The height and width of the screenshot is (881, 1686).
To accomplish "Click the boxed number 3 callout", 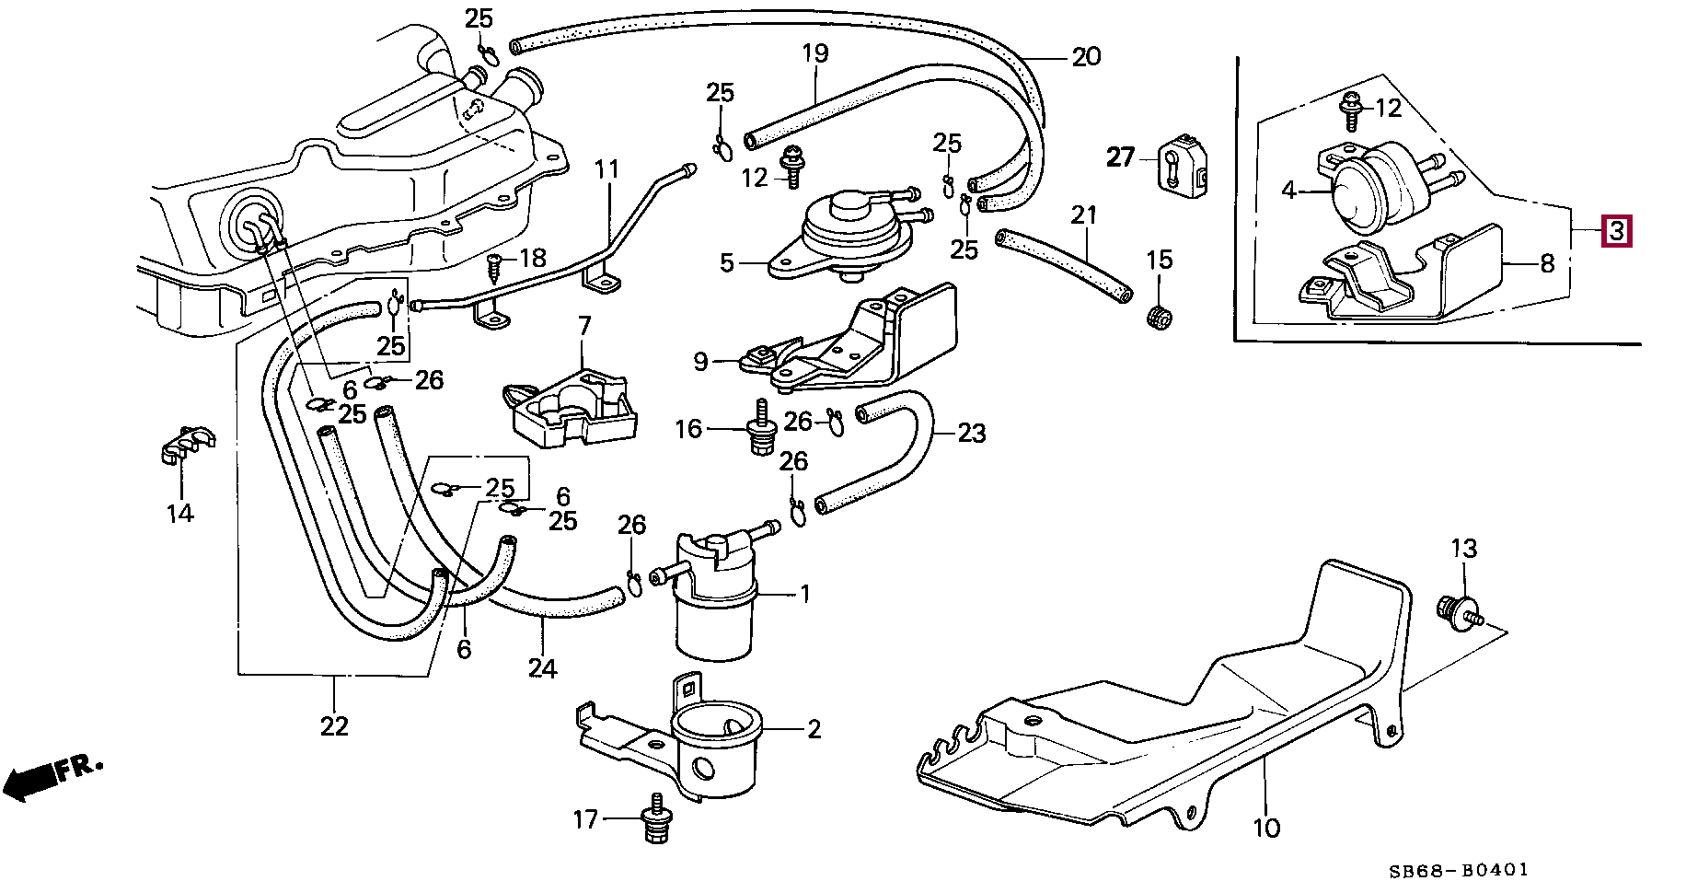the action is pyautogui.click(x=1616, y=231).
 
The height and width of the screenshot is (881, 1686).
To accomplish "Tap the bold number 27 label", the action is pyautogui.click(x=1120, y=157).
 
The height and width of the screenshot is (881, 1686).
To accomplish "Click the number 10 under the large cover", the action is pyautogui.click(x=1266, y=828).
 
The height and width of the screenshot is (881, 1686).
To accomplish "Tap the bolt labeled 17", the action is pyautogui.click(x=657, y=817).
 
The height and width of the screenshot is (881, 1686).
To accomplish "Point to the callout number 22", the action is pyautogui.click(x=334, y=726).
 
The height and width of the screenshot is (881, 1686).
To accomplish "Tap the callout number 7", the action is pyautogui.click(x=584, y=325).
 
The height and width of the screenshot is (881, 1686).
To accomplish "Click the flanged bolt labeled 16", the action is pyautogui.click(x=761, y=426).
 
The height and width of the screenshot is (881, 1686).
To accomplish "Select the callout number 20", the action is pyautogui.click(x=1086, y=57).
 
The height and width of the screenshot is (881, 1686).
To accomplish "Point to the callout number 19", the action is pyautogui.click(x=815, y=53).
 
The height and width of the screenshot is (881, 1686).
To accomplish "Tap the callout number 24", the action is pyautogui.click(x=542, y=668).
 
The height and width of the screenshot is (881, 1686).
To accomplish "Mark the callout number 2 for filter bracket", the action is pyautogui.click(x=814, y=730).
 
